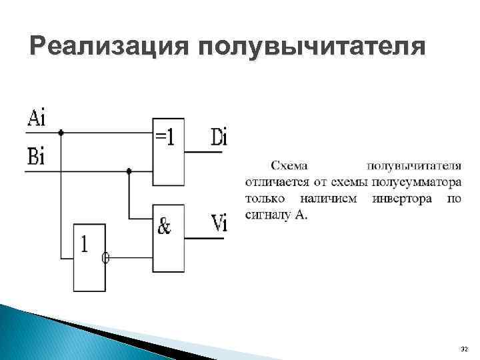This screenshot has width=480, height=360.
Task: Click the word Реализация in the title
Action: (x=109, y=49)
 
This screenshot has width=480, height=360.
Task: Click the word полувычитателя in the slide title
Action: (x=311, y=49)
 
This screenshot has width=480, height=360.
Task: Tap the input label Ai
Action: (x=37, y=119)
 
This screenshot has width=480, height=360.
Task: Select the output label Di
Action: (x=219, y=138)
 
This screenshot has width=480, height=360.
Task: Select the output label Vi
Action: (x=219, y=224)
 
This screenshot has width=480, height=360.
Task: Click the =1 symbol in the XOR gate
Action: (x=165, y=137)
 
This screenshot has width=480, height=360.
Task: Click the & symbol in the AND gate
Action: (x=164, y=227)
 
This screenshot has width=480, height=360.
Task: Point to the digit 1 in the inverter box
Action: (x=85, y=245)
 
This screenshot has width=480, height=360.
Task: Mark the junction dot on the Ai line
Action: (x=61, y=133)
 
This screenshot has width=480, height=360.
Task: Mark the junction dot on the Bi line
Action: (x=129, y=171)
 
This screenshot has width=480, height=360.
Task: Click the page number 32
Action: (x=464, y=349)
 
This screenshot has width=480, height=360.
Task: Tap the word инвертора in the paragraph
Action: (x=401, y=199)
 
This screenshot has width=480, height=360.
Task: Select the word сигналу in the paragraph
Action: (x=267, y=215)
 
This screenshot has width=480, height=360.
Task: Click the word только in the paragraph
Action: (x=265, y=199)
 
